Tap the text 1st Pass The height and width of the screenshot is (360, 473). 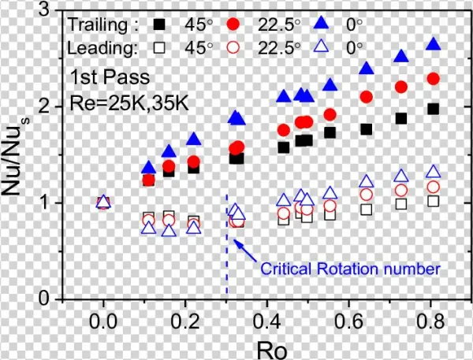[x=102, y=77]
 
